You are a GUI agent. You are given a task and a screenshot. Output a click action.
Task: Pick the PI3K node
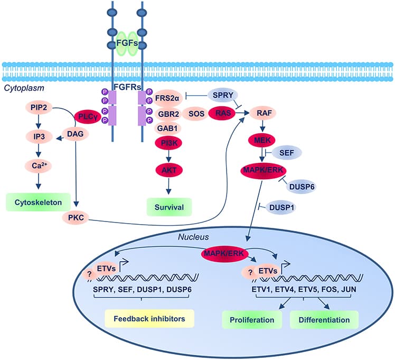point(168,142)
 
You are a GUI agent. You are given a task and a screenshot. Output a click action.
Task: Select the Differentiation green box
point(324,320)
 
